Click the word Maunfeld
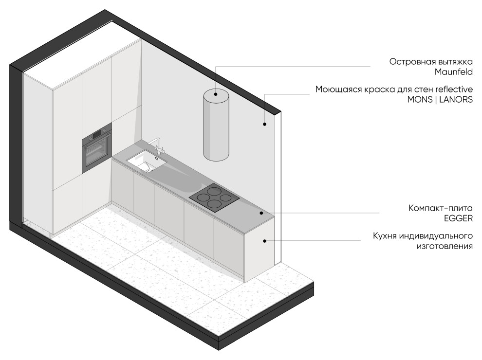453,72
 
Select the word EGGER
458,218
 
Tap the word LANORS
456,100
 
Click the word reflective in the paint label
454,89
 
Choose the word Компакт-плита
441,208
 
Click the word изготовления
445,246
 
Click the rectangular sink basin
147,161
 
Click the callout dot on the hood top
216,94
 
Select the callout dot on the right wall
264,124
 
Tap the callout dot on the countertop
261,213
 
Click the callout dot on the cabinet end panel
264,241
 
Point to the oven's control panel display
97,134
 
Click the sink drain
149,170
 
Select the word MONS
419,100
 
